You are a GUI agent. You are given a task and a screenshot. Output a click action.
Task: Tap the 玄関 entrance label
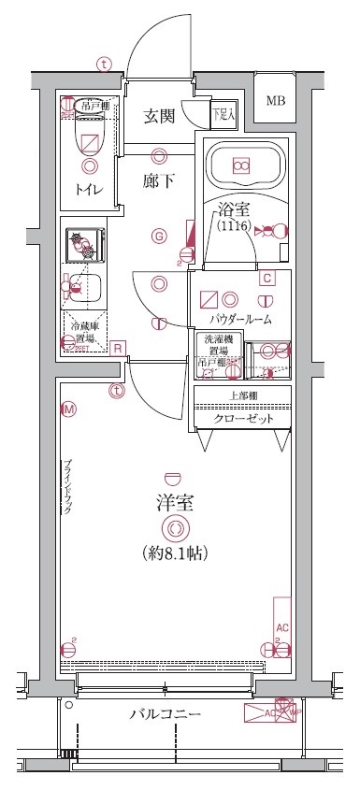[x=159, y=117]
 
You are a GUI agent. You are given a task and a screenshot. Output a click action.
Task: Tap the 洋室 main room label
[x=175, y=502]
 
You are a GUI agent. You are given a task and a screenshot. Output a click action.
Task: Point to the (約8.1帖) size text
[x=175, y=553]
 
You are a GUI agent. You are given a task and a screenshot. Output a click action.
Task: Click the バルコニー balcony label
[x=165, y=715]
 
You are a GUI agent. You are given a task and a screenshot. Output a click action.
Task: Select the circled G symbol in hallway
[x=160, y=236]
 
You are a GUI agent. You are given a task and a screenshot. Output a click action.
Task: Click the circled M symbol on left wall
[x=67, y=409]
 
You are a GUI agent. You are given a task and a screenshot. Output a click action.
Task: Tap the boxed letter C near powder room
[x=266, y=278]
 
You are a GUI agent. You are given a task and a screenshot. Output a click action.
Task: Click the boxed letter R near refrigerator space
[x=118, y=349]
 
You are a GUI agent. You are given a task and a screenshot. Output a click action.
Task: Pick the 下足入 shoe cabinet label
[x=223, y=116]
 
